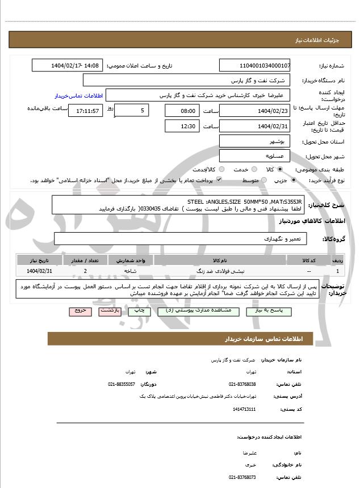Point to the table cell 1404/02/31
[39, 271]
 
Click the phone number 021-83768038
[242, 384]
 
